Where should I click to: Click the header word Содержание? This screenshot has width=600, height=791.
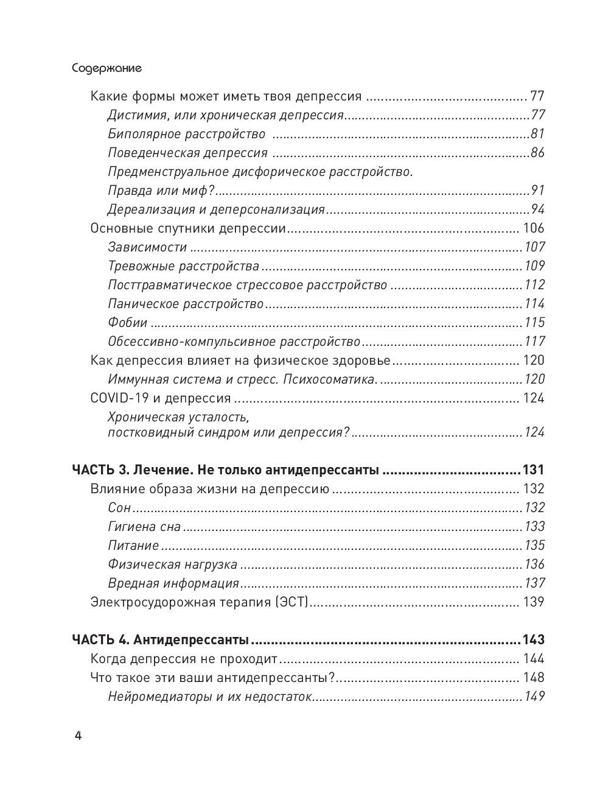(106, 68)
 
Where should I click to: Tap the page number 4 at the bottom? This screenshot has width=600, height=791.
(77, 735)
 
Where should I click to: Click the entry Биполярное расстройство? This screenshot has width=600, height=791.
(186, 134)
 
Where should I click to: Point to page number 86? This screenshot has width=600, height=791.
(537, 153)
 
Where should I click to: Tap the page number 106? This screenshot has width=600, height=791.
(534, 228)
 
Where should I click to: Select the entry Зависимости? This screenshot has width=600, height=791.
(147, 247)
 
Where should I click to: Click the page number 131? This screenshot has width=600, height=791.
(533, 470)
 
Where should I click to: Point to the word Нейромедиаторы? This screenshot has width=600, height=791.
(159, 697)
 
